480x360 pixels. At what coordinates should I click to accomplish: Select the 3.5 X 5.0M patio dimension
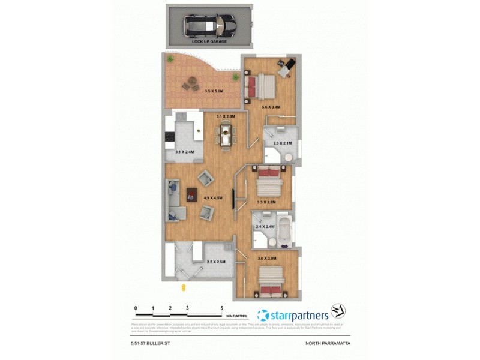214,91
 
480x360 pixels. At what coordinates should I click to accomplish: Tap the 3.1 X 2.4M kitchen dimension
184,152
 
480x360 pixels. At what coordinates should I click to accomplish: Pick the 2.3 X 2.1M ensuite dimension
282,143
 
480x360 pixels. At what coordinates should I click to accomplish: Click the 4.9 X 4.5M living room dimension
214,198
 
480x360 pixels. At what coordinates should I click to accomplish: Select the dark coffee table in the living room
191,193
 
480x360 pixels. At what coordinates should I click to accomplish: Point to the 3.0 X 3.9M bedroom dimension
266,258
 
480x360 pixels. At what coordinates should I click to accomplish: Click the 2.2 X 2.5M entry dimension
215,262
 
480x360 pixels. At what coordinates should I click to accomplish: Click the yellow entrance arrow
184,287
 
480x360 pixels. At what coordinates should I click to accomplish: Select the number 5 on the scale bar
222,307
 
